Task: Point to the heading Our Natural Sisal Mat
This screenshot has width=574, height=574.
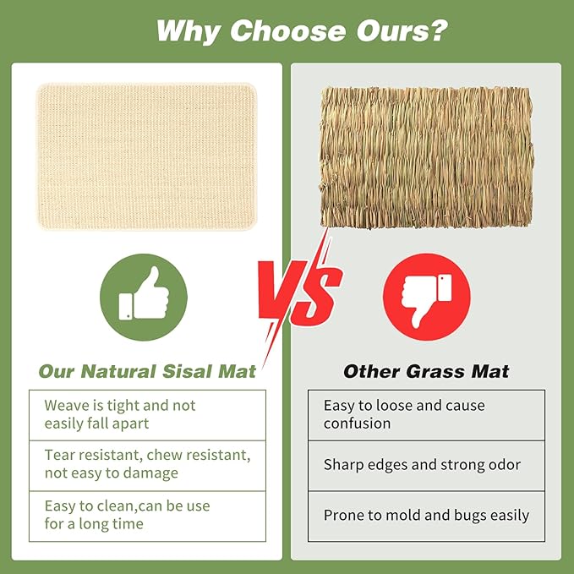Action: (x=147, y=371)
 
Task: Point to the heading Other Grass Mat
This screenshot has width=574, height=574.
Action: (x=426, y=371)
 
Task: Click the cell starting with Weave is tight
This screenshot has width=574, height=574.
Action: (x=147, y=414)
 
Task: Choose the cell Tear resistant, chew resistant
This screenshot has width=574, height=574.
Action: (x=147, y=464)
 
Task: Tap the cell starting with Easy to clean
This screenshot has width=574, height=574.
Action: (x=147, y=515)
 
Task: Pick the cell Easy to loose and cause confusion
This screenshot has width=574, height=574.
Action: (x=426, y=414)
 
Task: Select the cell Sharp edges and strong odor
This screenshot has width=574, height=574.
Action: (x=426, y=464)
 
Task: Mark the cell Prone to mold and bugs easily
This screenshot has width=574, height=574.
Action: (x=426, y=515)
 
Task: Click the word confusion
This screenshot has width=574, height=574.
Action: (x=357, y=424)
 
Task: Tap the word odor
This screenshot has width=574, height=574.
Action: (x=503, y=464)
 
